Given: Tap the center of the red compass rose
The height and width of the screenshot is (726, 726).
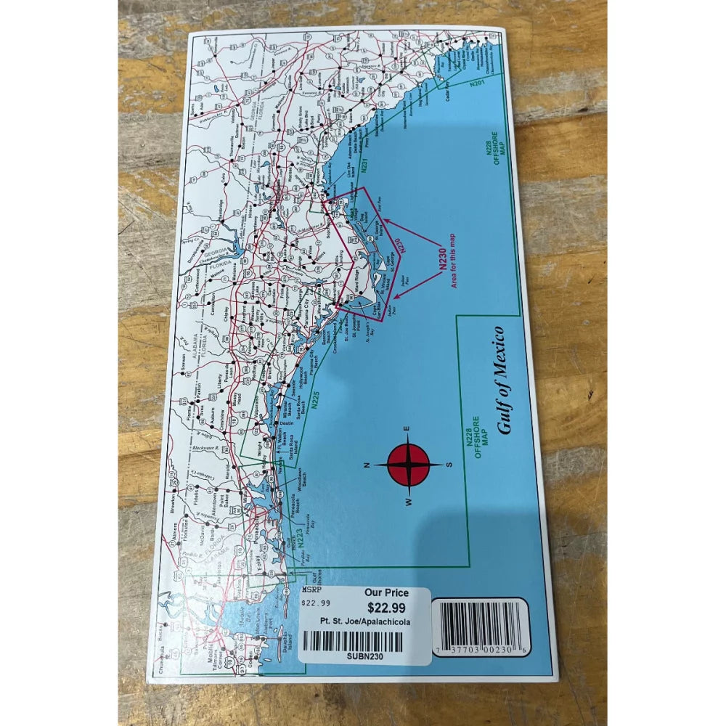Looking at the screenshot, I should [409, 465].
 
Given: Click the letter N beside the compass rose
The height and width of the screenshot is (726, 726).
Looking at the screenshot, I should [368, 465].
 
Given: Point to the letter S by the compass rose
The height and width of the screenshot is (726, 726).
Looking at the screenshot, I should [449, 465].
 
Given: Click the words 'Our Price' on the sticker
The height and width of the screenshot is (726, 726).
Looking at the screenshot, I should [386, 593].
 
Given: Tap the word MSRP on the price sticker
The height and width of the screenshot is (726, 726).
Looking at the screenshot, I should [310, 592].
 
